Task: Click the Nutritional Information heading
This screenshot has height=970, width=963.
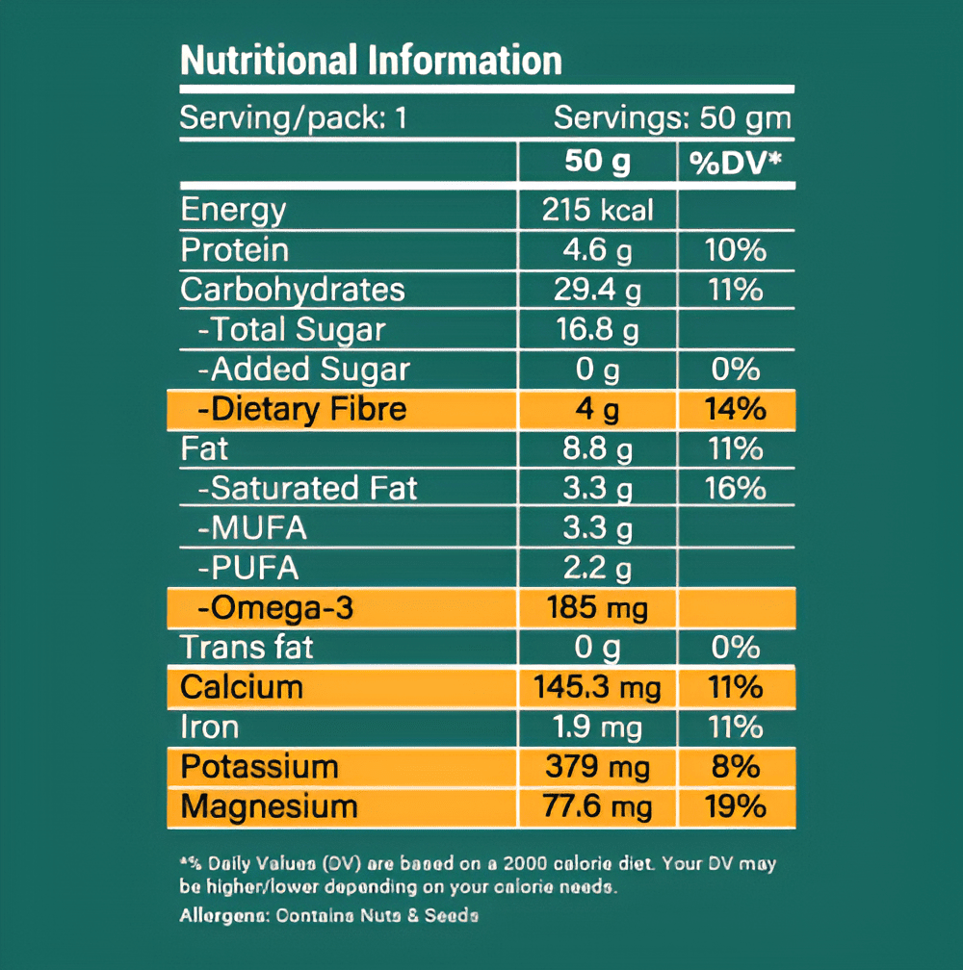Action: [371, 61]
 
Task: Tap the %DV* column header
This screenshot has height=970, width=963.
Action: [736, 163]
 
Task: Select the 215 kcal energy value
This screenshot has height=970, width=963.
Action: [597, 211]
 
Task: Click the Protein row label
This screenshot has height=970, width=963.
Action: [235, 250]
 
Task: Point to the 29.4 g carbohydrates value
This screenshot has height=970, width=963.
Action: [597, 290]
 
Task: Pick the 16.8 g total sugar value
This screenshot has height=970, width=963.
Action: [597, 330]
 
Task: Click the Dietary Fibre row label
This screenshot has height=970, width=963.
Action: [301, 409]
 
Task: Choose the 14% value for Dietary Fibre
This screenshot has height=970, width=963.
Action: [736, 409]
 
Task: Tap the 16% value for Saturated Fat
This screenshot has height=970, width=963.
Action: [736, 488]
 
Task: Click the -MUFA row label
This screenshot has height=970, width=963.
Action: [252, 528]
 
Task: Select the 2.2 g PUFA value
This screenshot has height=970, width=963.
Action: [597, 569]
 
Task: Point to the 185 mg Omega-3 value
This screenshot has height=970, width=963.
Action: [597, 608]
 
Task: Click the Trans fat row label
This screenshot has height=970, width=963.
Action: [247, 647]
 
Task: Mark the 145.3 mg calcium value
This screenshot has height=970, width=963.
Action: [597, 687]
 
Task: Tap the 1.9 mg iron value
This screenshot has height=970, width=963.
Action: [597, 727]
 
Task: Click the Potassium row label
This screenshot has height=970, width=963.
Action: [260, 767]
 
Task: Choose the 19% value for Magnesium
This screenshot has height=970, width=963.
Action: [736, 806]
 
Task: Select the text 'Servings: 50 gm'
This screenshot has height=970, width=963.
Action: [671, 118]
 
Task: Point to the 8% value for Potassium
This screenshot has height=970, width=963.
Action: [736, 767]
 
